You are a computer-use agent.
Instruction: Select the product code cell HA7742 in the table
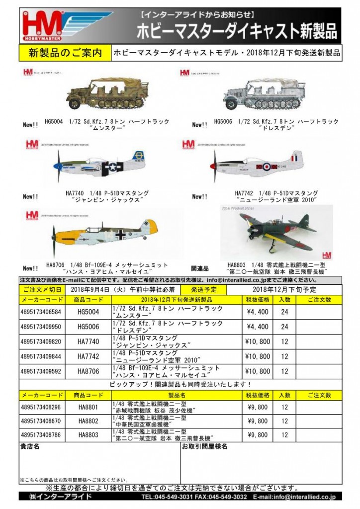[x=89, y=356]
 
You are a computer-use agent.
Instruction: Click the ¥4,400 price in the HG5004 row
[x=257, y=312]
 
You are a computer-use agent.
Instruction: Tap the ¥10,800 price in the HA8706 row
[x=257, y=371]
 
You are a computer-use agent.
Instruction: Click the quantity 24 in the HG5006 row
[x=284, y=327]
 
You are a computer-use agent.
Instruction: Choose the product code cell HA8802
[x=89, y=421]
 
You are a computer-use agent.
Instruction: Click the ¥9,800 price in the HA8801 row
[x=257, y=406]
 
